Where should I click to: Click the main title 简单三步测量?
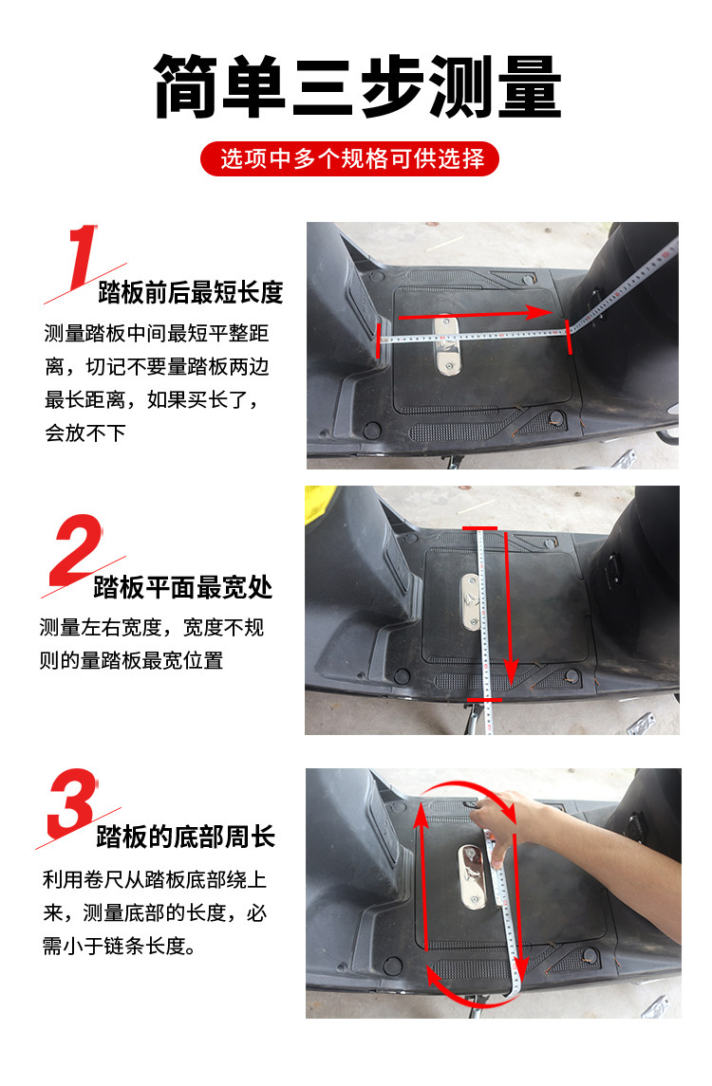click(x=357, y=86)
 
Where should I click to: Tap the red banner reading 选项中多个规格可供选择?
click(x=350, y=158)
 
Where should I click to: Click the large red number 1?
click(x=84, y=256)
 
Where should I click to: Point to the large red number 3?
click(x=72, y=803)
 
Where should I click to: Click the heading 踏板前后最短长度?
click(x=191, y=292)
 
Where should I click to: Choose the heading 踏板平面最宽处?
click(x=183, y=587)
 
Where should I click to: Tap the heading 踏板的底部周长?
click(x=186, y=837)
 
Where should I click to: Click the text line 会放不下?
click(x=85, y=433)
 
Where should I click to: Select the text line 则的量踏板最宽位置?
click(x=131, y=660)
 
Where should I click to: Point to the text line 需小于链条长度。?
click(x=119, y=946)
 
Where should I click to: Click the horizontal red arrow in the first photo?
click(x=475, y=314)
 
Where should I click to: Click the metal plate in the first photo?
click(x=447, y=345)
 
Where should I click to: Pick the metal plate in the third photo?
click(x=473, y=876)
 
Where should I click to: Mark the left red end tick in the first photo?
click(x=379, y=340)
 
